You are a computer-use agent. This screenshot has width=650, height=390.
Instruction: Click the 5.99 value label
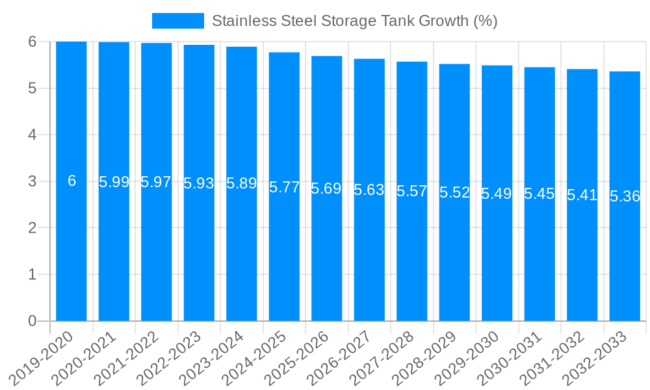tap(114, 182)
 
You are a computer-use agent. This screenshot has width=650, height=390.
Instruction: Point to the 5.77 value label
tap(284, 188)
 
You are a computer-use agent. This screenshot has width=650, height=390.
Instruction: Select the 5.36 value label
tap(625, 197)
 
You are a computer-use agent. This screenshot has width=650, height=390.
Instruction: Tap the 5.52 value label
tap(454, 192)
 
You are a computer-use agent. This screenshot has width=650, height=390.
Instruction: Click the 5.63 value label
tap(369, 190)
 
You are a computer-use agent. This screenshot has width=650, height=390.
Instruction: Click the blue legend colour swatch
tap(177, 21)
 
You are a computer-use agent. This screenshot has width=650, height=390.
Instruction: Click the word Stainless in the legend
tap(239, 21)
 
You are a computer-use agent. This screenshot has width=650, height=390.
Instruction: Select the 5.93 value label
tap(199, 183)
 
